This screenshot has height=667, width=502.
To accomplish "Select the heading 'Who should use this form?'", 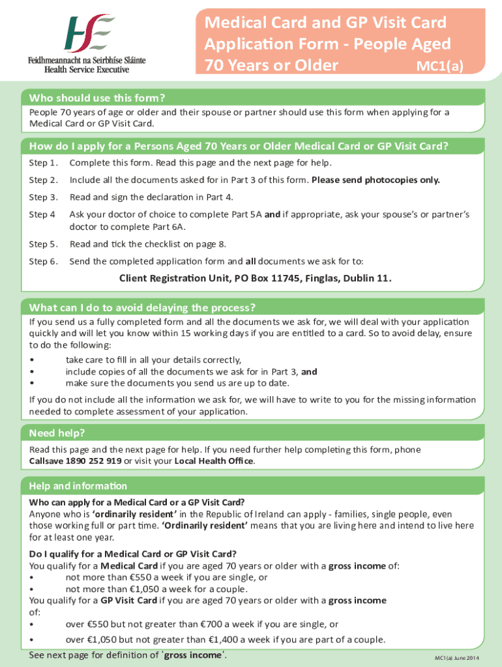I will pyautogui.click(x=97, y=98).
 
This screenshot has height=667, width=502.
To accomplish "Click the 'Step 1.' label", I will pyautogui.click(x=44, y=163).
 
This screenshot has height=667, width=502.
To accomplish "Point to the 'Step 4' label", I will pyautogui.click(x=42, y=214).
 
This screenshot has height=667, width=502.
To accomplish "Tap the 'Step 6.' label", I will pyautogui.click(x=44, y=261).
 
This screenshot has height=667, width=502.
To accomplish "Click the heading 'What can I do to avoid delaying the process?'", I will pyautogui.click(x=142, y=307).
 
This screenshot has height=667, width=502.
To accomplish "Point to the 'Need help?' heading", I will pyautogui.click(x=57, y=434).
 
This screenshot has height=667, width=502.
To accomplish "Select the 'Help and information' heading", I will pyautogui.click(x=78, y=487).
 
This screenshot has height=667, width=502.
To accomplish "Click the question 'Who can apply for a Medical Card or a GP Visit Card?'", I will pyautogui.click(x=137, y=502).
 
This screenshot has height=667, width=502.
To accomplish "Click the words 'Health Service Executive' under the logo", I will pyautogui.click(x=87, y=68).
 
